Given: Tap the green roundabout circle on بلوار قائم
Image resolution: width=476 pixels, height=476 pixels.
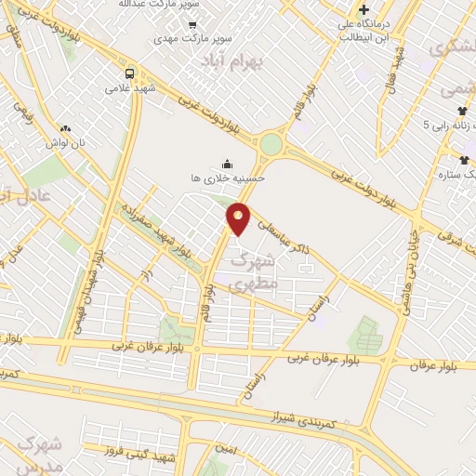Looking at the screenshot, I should [x=271, y=144].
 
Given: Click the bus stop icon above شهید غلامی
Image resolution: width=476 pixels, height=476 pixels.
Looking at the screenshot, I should [x=128, y=73].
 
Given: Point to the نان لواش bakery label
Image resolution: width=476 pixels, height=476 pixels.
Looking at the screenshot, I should [x=66, y=142].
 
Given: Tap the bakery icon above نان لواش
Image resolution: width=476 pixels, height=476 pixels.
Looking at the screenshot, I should [x=65, y=128].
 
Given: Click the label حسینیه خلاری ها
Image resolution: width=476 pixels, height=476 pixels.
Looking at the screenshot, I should [x=228, y=177].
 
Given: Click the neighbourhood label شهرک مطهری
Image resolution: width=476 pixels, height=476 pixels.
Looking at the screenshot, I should [x=254, y=271].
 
